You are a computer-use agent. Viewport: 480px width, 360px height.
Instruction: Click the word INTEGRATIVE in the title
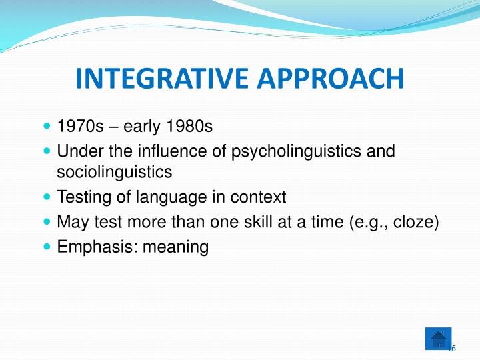pos(159,78)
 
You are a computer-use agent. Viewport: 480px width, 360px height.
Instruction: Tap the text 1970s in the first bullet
pos(76,127)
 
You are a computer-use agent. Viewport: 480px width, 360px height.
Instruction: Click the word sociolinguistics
pos(115,172)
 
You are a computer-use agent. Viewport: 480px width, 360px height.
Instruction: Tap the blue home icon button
pos(438,339)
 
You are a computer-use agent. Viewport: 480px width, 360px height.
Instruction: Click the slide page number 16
pos(451,349)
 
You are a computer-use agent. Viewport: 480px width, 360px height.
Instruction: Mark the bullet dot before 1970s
pos(46,126)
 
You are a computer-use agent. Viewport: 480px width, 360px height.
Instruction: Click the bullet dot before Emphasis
pos(46,247)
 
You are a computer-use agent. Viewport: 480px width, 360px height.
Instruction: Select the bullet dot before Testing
pos(46,197)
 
